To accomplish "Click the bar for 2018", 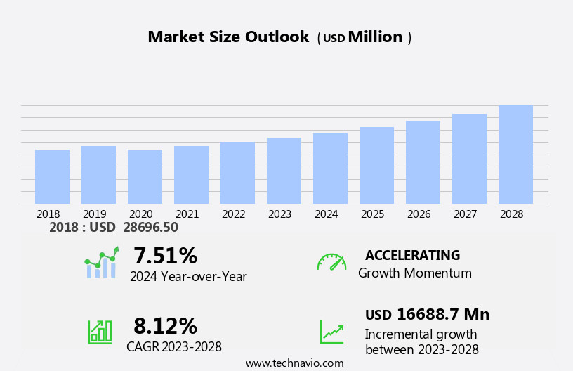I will click(x=52, y=177).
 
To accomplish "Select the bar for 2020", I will click(x=145, y=177).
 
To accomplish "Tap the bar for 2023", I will click(x=284, y=171).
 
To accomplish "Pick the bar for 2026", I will click(x=423, y=162).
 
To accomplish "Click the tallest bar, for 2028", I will click(x=515, y=155).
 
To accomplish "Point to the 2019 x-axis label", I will click(x=95, y=214).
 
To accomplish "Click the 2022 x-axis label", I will click(x=234, y=214).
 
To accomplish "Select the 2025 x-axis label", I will click(x=373, y=214).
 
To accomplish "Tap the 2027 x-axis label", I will click(x=466, y=214).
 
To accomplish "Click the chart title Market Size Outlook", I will click(x=228, y=37).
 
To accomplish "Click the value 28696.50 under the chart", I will click(x=150, y=228).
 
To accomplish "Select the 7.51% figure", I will click(x=165, y=256).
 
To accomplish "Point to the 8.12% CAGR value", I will click(x=165, y=326).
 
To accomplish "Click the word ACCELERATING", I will click(x=412, y=256).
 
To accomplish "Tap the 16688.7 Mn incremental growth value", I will click(x=442, y=315).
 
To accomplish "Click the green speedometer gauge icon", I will click(x=331, y=262).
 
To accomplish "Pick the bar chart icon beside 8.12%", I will click(x=100, y=331).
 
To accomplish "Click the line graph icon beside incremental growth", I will click(x=331, y=332).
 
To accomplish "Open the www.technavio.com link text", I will click(x=294, y=363).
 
